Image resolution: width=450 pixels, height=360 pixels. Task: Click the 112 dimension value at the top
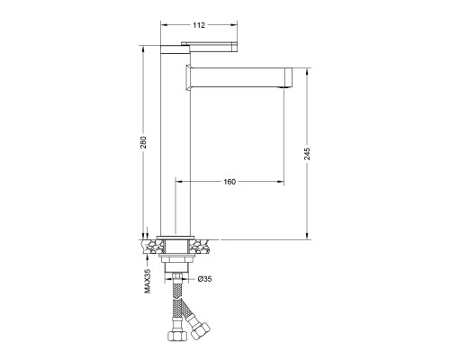pyautogui.click(x=199, y=25)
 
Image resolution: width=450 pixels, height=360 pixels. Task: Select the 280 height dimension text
pyautogui.click(x=144, y=142)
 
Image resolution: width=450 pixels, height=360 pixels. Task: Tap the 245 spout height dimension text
pyautogui.click(x=308, y=154)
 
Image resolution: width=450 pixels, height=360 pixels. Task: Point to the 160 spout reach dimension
pyautogui.click(x=229, y=182)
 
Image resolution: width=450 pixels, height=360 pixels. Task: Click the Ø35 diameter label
pyautogui.click(x=205, y=279)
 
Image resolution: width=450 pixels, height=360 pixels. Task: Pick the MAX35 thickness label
pyautogui.click(x=148, y=281)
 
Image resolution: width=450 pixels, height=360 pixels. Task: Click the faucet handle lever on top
pyautogui.click(x=210, y=47)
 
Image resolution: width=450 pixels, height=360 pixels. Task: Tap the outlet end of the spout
pyautogui.click(x=288, y=77)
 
